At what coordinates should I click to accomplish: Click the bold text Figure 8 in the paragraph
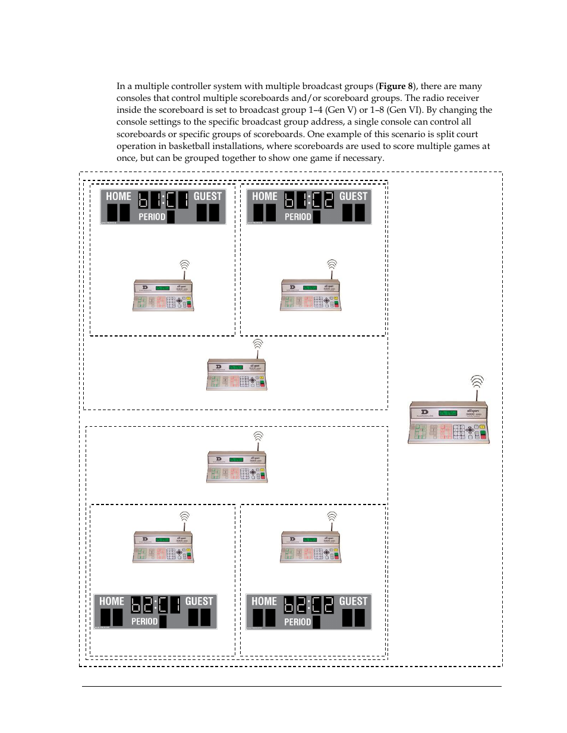click(395, 86)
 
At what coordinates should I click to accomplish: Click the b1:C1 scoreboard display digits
click(163, 200)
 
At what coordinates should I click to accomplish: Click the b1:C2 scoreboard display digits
click(309, 200)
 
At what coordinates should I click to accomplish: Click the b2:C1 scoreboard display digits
click(155, 605)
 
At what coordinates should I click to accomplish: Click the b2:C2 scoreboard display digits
click(308, 605)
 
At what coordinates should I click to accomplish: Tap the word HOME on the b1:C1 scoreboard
click(118, 196)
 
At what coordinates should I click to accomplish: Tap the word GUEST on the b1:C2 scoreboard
click(353, 196)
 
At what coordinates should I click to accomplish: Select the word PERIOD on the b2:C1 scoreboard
click(144, 621)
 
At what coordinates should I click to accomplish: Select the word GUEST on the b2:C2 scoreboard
click(353, 601)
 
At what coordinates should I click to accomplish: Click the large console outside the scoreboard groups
click(449, 423)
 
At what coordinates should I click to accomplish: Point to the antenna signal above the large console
click(477, 381)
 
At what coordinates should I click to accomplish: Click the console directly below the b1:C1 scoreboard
click(163, 295)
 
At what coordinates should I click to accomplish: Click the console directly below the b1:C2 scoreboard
click(311, 295)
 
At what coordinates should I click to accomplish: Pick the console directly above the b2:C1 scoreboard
click(163, 547)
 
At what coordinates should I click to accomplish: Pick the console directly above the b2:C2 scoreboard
click(311, 547)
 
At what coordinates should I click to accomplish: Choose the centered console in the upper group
click(237, 374)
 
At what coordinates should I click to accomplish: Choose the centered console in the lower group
click(237, 467)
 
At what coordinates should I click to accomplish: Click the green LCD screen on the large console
click(447, 412)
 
